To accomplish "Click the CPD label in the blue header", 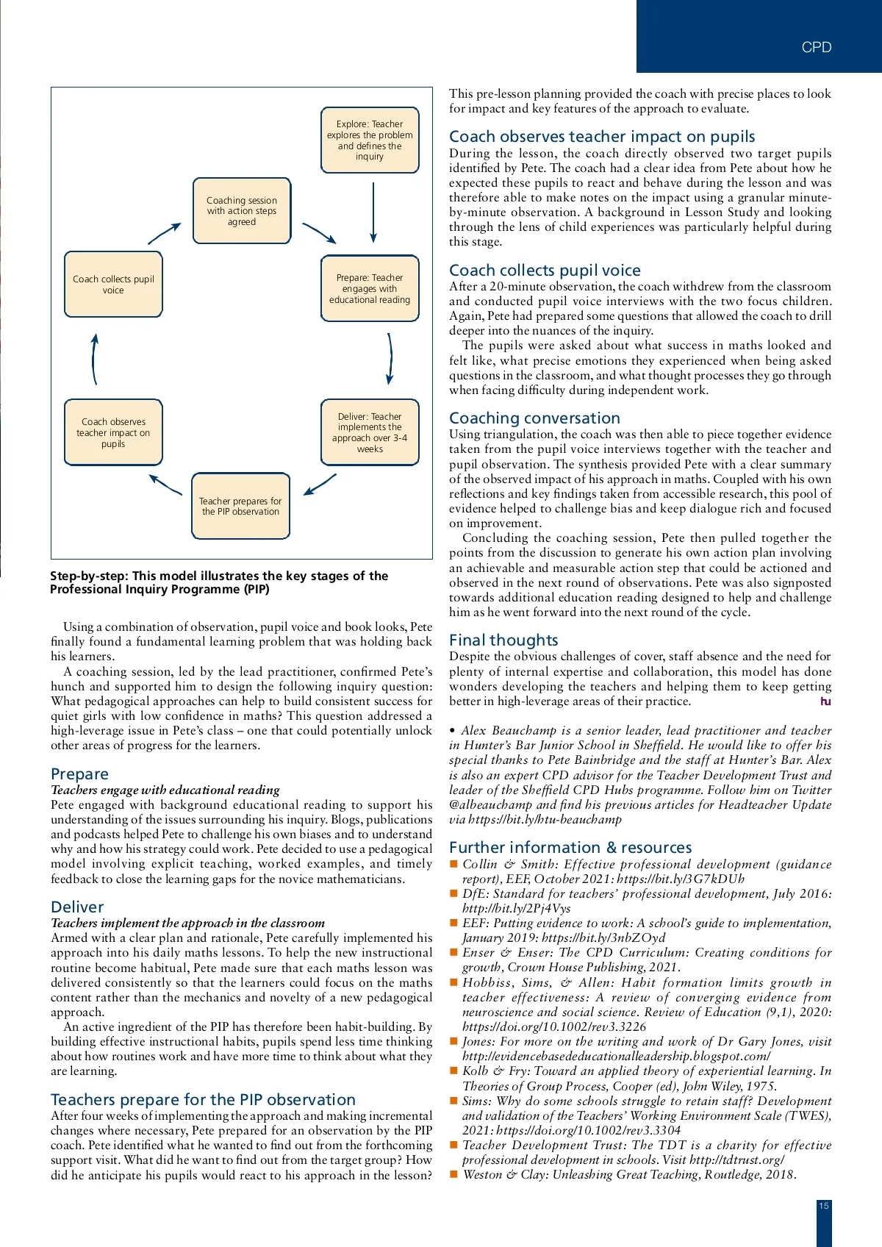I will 816,48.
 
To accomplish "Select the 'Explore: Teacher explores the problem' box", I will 370,140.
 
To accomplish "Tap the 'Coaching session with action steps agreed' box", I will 242,211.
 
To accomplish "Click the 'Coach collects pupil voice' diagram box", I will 113,285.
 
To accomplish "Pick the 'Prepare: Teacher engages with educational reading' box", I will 370,288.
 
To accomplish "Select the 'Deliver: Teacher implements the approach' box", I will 370,432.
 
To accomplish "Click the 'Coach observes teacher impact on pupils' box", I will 113,432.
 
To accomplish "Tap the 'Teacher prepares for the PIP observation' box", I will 240,507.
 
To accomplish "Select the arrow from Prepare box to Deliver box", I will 390,359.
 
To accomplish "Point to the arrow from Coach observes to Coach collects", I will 94,359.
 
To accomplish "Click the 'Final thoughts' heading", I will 503,640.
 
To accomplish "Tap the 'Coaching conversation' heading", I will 534,418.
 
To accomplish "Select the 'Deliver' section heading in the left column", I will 77,907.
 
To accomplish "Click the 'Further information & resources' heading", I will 570,848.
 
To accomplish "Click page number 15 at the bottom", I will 824,1206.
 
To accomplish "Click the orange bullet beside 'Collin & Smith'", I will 453,865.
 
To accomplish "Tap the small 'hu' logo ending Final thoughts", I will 825,702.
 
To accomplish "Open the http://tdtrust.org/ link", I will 736,1160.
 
